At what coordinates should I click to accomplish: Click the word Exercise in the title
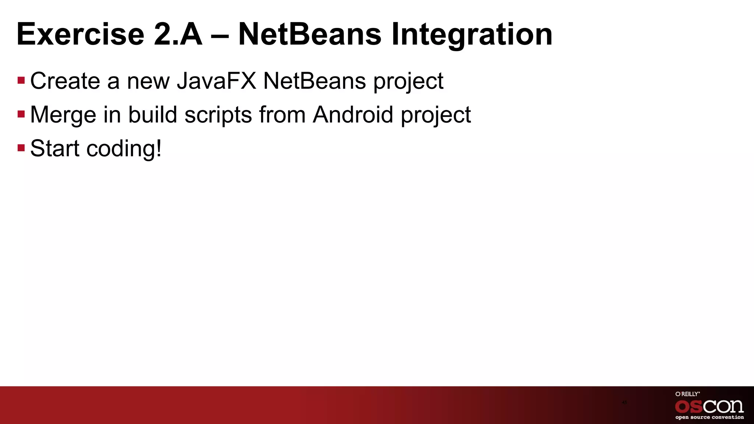(80, 34)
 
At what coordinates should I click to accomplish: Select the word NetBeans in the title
(310, 34)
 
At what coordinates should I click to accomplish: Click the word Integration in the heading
(472, 34)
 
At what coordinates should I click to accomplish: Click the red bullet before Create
(21, 80)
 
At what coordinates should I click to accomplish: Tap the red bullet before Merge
(21, 114)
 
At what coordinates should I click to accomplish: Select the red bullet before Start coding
(21, 148)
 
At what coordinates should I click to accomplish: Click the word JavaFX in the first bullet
(216, 81)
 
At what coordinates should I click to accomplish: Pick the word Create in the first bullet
(65, 81)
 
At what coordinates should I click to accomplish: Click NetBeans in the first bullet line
(314, 81)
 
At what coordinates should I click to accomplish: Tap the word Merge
(63, 114)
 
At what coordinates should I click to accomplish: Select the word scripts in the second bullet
(218, 114)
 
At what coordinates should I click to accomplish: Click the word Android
(353, 114)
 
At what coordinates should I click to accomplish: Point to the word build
(152, 114)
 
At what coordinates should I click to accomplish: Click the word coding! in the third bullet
(124, 148)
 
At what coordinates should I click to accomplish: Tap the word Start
(54, 148)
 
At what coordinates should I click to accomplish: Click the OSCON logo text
(709, 406)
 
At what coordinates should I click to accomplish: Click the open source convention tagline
(709, 417)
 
